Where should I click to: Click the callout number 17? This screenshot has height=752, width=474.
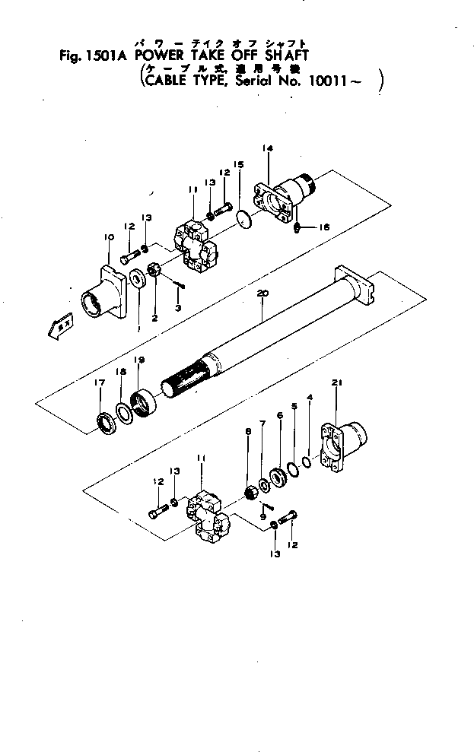click(x=100, y=384)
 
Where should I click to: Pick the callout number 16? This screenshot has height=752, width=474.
click(x=325, y=227)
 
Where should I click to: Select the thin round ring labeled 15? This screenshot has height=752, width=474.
click(x=243, y=218)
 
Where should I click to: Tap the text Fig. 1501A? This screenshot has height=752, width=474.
click(x=91, y=55)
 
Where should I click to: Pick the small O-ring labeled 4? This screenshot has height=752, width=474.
click(x=306, y=461)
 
